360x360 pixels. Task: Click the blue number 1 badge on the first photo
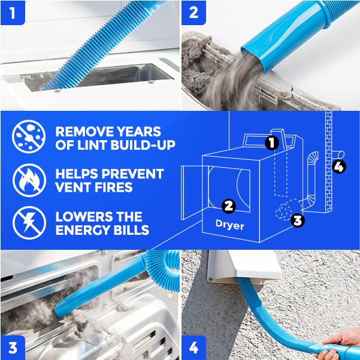click(13, 13)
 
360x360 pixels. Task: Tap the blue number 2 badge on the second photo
click(193, 13)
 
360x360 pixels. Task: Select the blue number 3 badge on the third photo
click(13, 347)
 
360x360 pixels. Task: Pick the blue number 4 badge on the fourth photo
click(193, 347)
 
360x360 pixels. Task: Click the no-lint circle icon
click(29, 137)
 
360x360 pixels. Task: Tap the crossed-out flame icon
click(29, 180)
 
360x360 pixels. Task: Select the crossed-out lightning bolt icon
click(29, 223)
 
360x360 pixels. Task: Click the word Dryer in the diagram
click(229, 225)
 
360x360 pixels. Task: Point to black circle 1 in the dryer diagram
click(272, 143)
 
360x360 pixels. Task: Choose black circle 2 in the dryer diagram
click(229, 205)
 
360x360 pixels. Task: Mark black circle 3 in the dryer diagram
click(298, 220)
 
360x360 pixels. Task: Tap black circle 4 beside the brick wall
click(339, 167)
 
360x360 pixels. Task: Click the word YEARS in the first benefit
click(139, 132)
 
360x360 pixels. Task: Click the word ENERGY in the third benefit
click(83, 230)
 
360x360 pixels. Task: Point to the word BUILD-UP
click(143, 145)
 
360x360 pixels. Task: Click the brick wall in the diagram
click(328, 162)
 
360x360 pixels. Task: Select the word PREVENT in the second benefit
click(133, 174)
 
